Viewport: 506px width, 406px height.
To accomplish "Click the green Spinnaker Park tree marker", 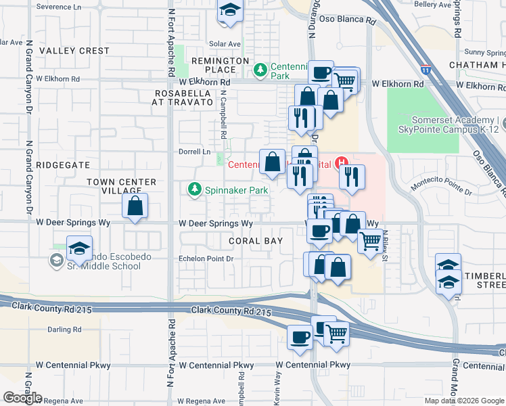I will [195, 190].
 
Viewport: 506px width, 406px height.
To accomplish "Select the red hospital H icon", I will [342, 162].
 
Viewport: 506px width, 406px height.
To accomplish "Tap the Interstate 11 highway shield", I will [425, 70].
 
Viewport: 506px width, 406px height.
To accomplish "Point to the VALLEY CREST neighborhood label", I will [74, 51].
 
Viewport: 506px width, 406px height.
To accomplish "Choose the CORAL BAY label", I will [256, 241].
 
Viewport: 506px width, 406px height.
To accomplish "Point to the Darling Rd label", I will [64, 330].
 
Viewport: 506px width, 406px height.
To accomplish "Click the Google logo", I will [22, 398].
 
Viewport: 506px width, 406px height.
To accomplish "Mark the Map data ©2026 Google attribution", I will [465, 401].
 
